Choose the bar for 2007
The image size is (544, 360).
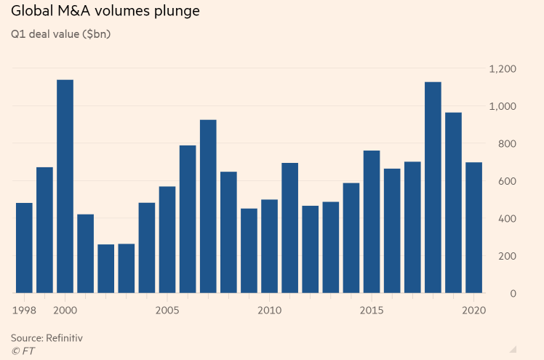click(x=208, y=207)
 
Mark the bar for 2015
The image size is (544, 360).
click(x=372, y=222)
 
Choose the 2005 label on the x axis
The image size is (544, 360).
click(x=167, y=310)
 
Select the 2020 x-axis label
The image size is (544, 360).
click(x=474, y=310)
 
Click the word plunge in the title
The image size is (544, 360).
click(x=176, y=12)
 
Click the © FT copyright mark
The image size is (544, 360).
click(x=22, y=351)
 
